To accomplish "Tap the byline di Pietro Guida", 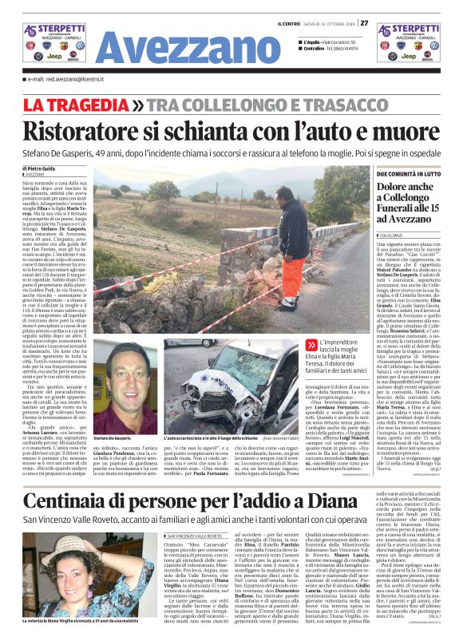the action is click(x=39, y=168).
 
